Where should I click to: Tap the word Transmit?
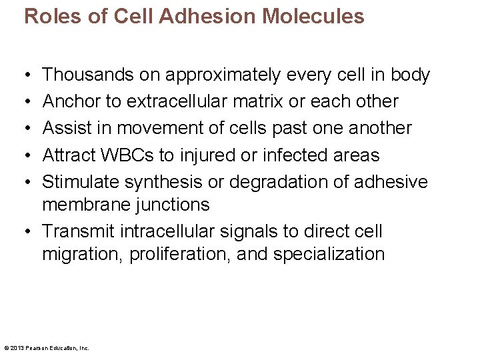click(79, 231)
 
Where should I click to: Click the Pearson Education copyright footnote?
click(47, 347)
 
